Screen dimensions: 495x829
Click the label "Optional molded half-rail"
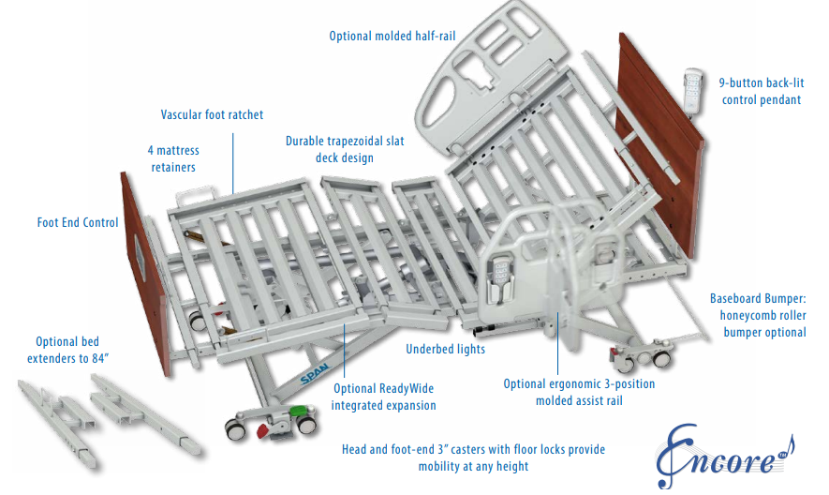pyautogui.click(x=392, y=37)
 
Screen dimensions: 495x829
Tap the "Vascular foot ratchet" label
pyautogui.click(x=212, y=115)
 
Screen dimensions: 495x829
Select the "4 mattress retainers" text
pyautogui.click(x=174, y=158)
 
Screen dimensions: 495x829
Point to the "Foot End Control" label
pyautogui.click(x=78, y=223)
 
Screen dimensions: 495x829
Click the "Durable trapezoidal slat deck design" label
pyautogui.click(x=330, y=150)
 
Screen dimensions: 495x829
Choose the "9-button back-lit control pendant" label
pyautogui.click(x=761, y=91)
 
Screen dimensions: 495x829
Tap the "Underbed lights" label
pyautogui.click(x=445, y=350)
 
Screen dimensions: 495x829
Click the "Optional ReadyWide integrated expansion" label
pyautogui.click(x=383, y=397)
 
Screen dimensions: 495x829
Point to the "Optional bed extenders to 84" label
pyautogui.click(x=67, y=351)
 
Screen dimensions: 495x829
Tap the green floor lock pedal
pyautogui.click(x=297, y=412)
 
